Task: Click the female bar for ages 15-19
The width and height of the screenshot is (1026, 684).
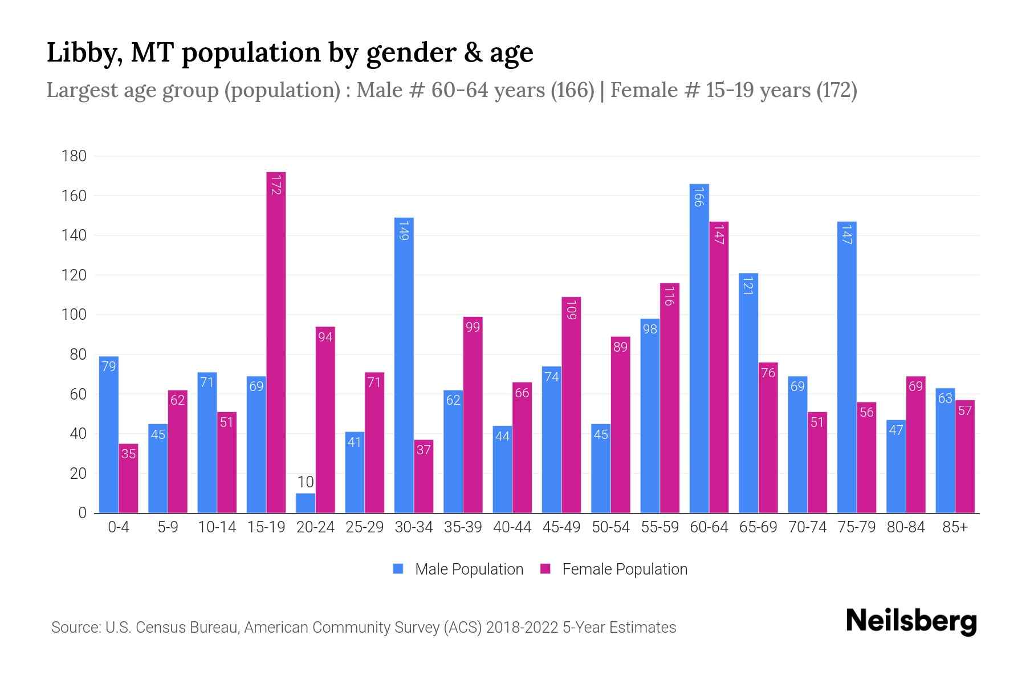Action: pyautogui.click(x=276, y=342)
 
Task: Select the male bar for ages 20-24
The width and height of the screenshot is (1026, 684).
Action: pyautogui.click(x=306, y=503)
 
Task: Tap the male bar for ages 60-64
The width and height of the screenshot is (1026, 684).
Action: pyautogui.click(x=699, y=348)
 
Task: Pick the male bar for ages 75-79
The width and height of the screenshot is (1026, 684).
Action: pyautogui.click(x=847, y=367)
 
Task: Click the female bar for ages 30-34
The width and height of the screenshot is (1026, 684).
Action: pyautogui.click(x=424, y=477)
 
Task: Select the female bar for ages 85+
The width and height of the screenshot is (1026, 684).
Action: pyautogui.click(x=965, y=457)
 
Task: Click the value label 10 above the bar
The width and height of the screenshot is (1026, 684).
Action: pyautogui.click(x=306, y=482)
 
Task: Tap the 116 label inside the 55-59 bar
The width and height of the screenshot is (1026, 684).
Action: pyautogui.click(x=670, y=296)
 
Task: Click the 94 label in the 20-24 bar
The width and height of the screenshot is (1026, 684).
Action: pyautogui.click(x=325, y=337)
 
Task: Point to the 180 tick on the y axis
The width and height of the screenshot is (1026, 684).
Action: pyautogui.click(x=74, y=156)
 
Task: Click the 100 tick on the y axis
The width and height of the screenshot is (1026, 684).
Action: pyautogui.click(x=74, y=315)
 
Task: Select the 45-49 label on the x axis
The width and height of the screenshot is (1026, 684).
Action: pyautogui.click(x=561, y=527)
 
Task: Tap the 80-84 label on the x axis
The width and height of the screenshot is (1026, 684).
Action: pyautogui.click(x=906, y=527)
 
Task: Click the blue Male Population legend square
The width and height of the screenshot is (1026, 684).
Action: pyautogui.click(x=398, y=569)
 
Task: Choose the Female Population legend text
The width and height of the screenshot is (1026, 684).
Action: pyautogui.click(x=625, y=569)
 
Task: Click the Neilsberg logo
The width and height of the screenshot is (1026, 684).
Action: pyautogui.click(x=911, y=621)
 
